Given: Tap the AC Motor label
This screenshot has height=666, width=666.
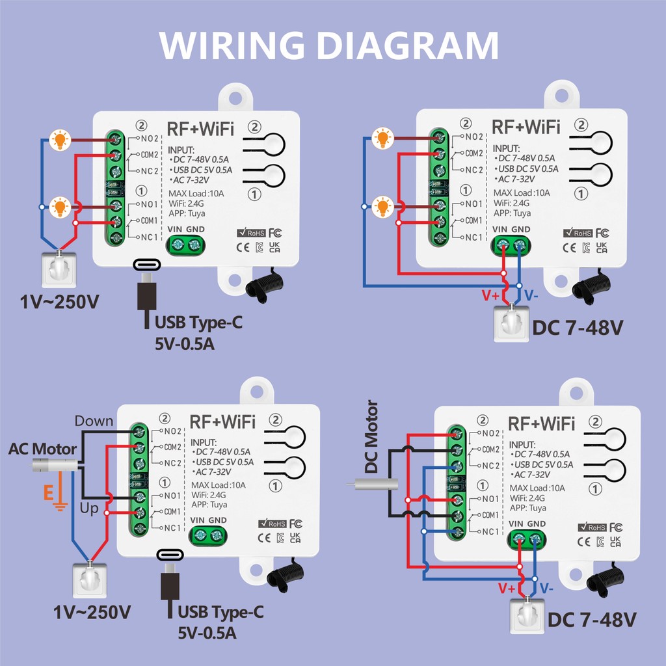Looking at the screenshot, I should (x=42, y=449).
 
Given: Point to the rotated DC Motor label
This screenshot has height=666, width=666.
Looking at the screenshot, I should (x=371, y=437).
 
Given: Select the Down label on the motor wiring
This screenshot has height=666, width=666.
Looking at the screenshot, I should (x=94, y=421).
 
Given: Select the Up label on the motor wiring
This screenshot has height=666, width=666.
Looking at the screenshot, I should (x=89, y=508).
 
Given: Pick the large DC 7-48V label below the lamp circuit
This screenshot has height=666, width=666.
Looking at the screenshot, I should (x=578, y=328).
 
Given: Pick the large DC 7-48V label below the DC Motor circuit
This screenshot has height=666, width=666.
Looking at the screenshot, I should (x=591, y=620).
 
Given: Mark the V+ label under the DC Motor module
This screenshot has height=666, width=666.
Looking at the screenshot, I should (x=507, y=588).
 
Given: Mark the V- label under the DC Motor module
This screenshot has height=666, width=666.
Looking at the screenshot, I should (x=546, y=588).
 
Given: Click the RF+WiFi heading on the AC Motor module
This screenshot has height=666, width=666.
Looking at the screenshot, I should (x=222, y=421).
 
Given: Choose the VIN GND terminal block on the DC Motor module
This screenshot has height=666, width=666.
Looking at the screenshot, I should (x=527, y=539).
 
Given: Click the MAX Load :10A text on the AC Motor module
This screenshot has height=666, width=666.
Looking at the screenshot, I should (x=219, y=485).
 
